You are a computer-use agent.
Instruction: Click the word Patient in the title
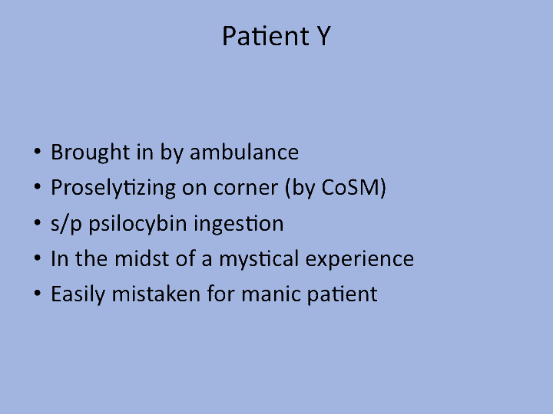point(257,36)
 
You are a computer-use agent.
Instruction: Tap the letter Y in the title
point(321,36)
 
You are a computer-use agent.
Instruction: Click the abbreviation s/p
point(65,224)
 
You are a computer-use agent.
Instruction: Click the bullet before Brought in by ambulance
point(38,153)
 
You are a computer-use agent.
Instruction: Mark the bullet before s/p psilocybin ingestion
point(38,224)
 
